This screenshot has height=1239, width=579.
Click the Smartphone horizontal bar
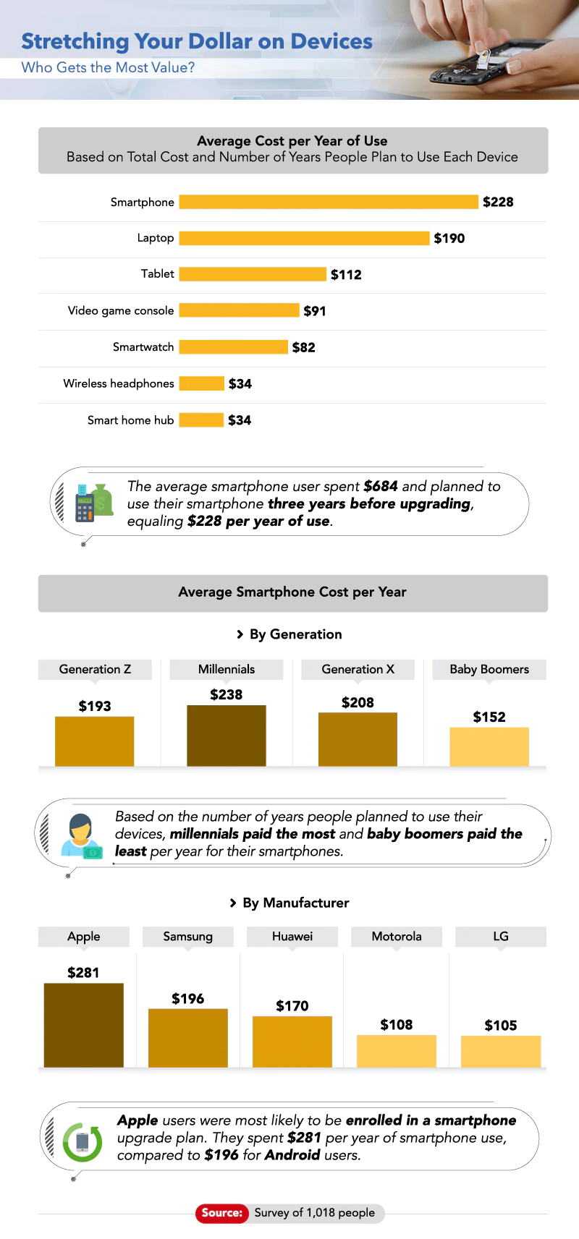coord(329,202)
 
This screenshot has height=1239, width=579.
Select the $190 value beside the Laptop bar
coord(449,239)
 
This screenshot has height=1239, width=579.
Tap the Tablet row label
coord(157,273)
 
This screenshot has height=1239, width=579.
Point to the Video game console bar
coord(239,310)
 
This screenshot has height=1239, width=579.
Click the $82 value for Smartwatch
coord(303,348)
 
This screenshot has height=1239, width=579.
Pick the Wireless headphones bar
coord(201,383)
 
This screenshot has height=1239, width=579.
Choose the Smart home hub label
coord(130,420)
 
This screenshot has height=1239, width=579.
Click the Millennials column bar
coord(226,735)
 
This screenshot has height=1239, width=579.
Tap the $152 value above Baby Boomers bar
coord(489,717)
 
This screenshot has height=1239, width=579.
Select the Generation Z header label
coord(95,669)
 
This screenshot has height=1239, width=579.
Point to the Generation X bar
coord(358,738)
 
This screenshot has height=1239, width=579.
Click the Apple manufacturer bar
coord(83,1024)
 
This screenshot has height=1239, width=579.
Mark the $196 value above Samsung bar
coord(187,999)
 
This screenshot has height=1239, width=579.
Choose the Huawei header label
coord(292,936)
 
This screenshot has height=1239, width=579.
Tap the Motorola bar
coord(396,1050)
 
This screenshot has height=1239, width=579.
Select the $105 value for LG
coord(500,1026)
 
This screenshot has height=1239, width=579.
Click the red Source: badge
coord(221,1213)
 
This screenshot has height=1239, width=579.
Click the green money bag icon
coord(102,500)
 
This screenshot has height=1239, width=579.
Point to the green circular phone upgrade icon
coord(83,1141)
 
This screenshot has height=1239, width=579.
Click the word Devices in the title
coord(331,41)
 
